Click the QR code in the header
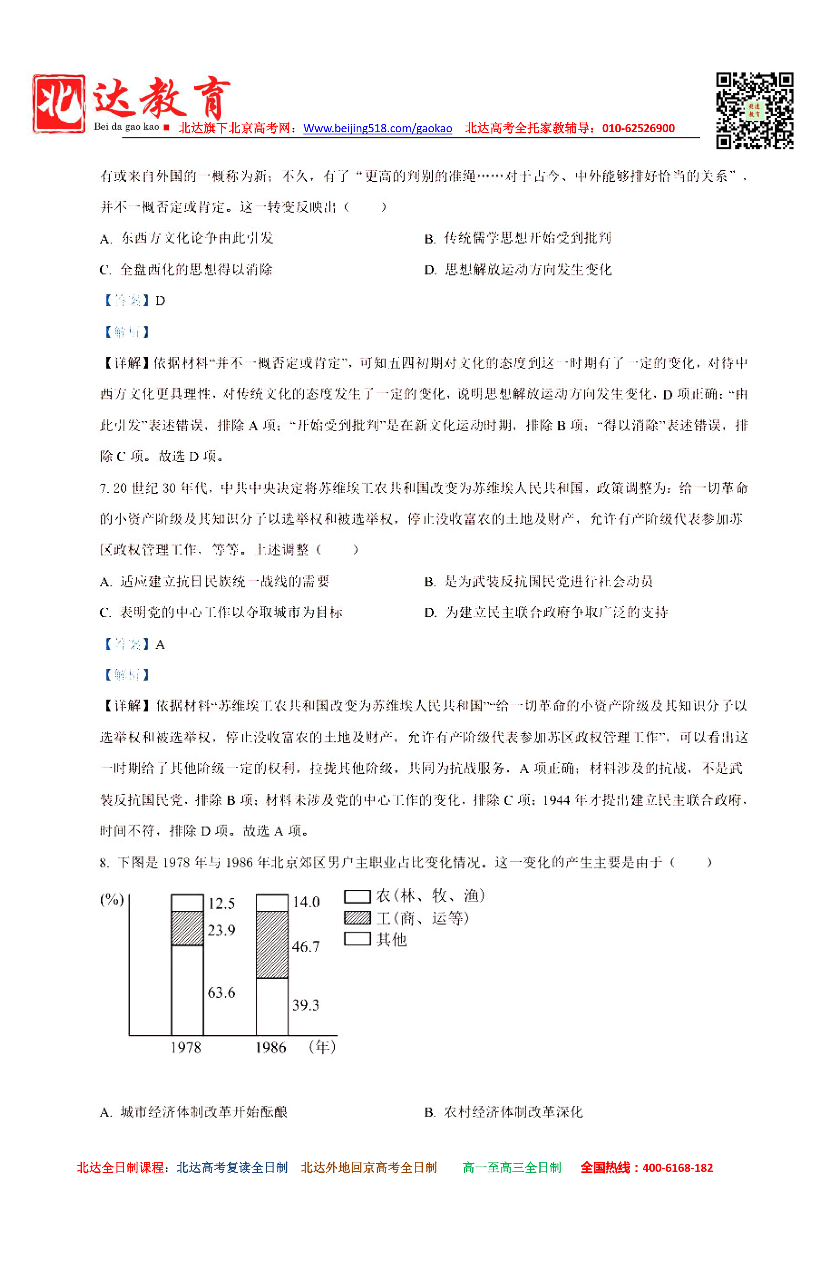[x=754, y=110]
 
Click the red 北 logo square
[x=59, y=104]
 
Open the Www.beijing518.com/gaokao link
[x=378, y=129]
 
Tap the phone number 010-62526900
[x=638, y=129]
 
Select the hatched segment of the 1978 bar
[x=187, y=928]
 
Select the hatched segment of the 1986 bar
[x=272, y=944]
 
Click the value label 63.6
[x=221, y=992]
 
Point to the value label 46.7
[x=305, y=946]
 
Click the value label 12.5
[x=221, y=904]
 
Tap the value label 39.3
[x=305, y=1005]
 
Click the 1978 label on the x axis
[x=186, y=1047]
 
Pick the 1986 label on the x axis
[x=271, y=1047]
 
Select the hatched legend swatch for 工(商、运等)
[x=357, y=918]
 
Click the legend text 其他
[x=391, y=939]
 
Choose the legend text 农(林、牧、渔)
[x=430, y=896]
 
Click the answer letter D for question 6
[x=160, y=301]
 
